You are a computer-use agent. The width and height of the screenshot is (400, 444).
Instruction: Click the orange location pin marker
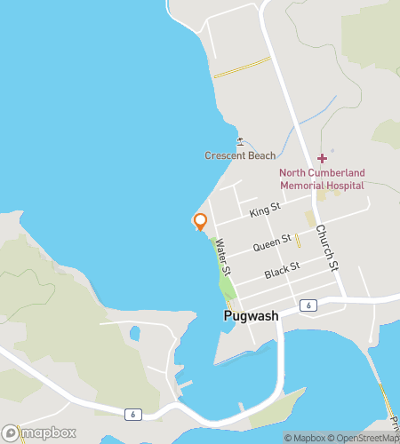(x=200, y=222)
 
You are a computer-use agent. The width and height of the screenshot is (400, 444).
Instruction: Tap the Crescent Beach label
(x=240, y=156)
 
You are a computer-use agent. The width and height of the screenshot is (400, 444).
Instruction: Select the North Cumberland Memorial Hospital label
(x=321, y=178)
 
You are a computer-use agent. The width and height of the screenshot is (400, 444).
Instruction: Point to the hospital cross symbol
(x=322, y=159)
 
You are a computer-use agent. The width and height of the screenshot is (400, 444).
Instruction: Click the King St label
(x=265, y=210)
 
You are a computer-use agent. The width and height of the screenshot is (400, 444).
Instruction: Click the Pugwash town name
(x=251, y=316)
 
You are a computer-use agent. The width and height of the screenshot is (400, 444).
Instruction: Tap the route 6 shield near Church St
(x=308, y=305)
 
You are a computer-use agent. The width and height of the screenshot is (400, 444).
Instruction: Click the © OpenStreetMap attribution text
(x=364, y=438)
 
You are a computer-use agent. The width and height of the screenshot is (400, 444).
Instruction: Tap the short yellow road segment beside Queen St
(x=298, y=240)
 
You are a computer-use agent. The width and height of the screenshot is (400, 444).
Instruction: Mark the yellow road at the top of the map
(x=241, y=67)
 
